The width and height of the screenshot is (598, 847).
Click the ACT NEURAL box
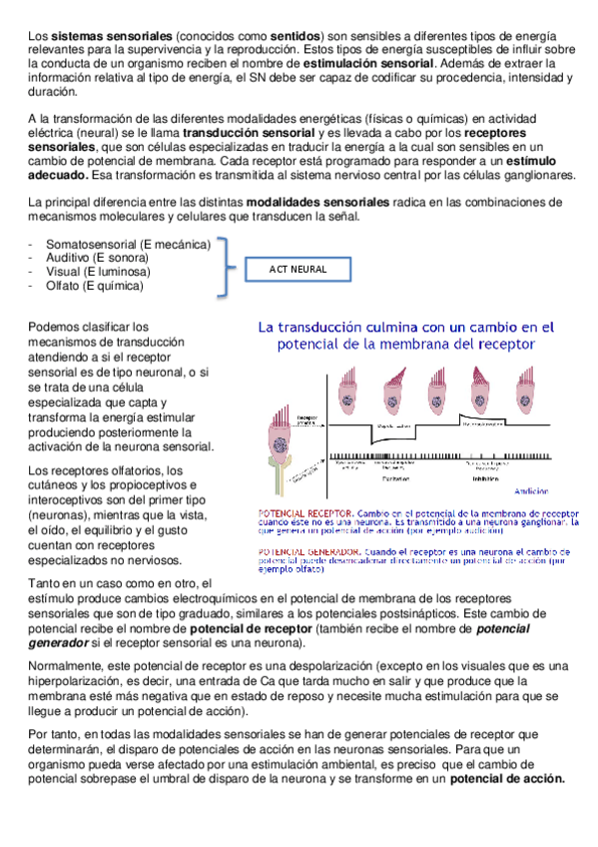pos(298,270)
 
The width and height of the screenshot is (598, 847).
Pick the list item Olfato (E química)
pos(95,287)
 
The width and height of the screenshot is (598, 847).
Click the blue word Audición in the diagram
pos(528,491)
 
